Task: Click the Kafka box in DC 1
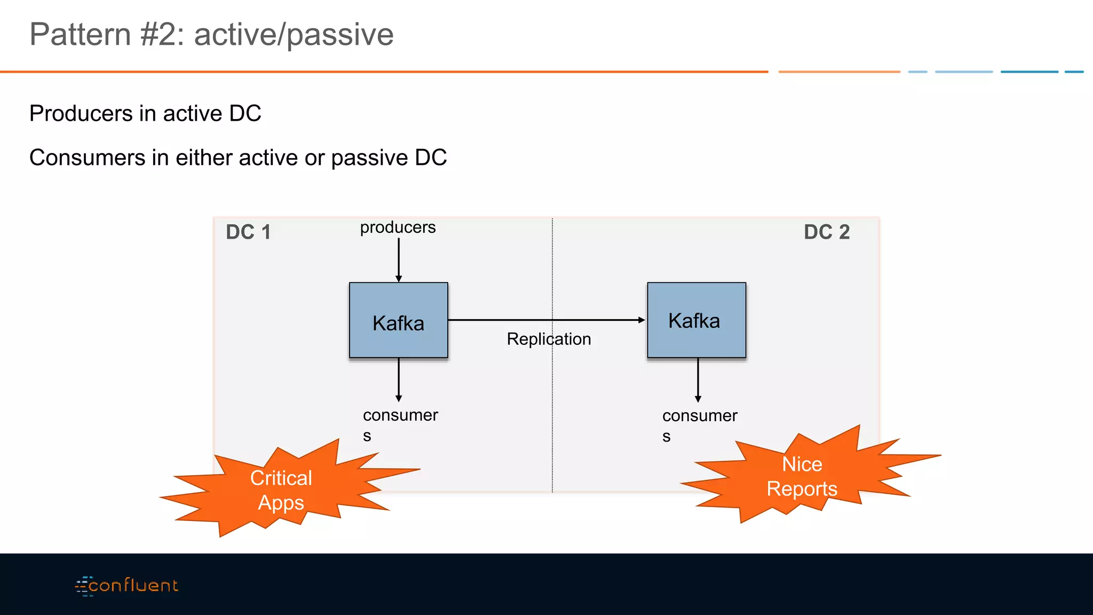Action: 398,320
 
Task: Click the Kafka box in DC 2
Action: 696,320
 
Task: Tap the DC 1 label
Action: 248,232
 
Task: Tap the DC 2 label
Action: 826,232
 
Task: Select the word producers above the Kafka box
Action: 398,227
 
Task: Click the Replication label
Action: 549,339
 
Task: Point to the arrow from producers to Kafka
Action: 399,259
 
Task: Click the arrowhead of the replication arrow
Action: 641,320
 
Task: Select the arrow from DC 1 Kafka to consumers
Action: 399,379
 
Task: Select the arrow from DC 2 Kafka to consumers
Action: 698,379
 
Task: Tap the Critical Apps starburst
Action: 281,490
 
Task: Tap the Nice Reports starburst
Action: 802,476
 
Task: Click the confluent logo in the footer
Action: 127,586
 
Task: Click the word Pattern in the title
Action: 80,34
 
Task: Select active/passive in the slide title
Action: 294,34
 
